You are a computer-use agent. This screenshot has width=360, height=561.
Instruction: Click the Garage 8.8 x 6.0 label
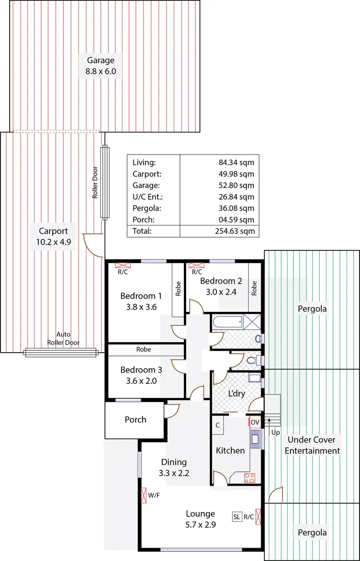[101, 66]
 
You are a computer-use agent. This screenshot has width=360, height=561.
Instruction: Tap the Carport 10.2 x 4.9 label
[53, 236]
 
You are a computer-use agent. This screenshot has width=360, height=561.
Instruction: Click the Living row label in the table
[144, 163]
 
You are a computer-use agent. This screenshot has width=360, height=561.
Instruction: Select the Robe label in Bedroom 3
[144, 350]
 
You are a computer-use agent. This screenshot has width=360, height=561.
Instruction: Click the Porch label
[135, 419]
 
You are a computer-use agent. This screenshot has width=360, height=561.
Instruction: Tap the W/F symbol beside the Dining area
[144, 495]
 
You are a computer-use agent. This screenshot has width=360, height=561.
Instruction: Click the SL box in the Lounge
[237, 517]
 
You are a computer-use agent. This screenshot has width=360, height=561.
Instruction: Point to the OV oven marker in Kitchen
[254, 423]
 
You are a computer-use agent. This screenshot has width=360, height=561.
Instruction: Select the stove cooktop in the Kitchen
[250, 477]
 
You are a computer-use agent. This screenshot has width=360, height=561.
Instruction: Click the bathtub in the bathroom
[227, 322]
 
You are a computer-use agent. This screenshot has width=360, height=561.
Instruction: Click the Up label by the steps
[275, 432]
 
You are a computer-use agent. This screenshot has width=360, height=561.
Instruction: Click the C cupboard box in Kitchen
[217, 425]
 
